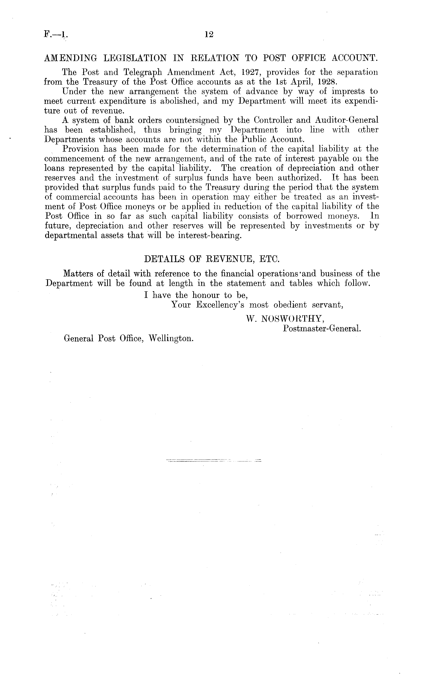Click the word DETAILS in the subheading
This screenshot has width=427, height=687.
163,259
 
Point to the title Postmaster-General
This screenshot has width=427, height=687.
322,328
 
